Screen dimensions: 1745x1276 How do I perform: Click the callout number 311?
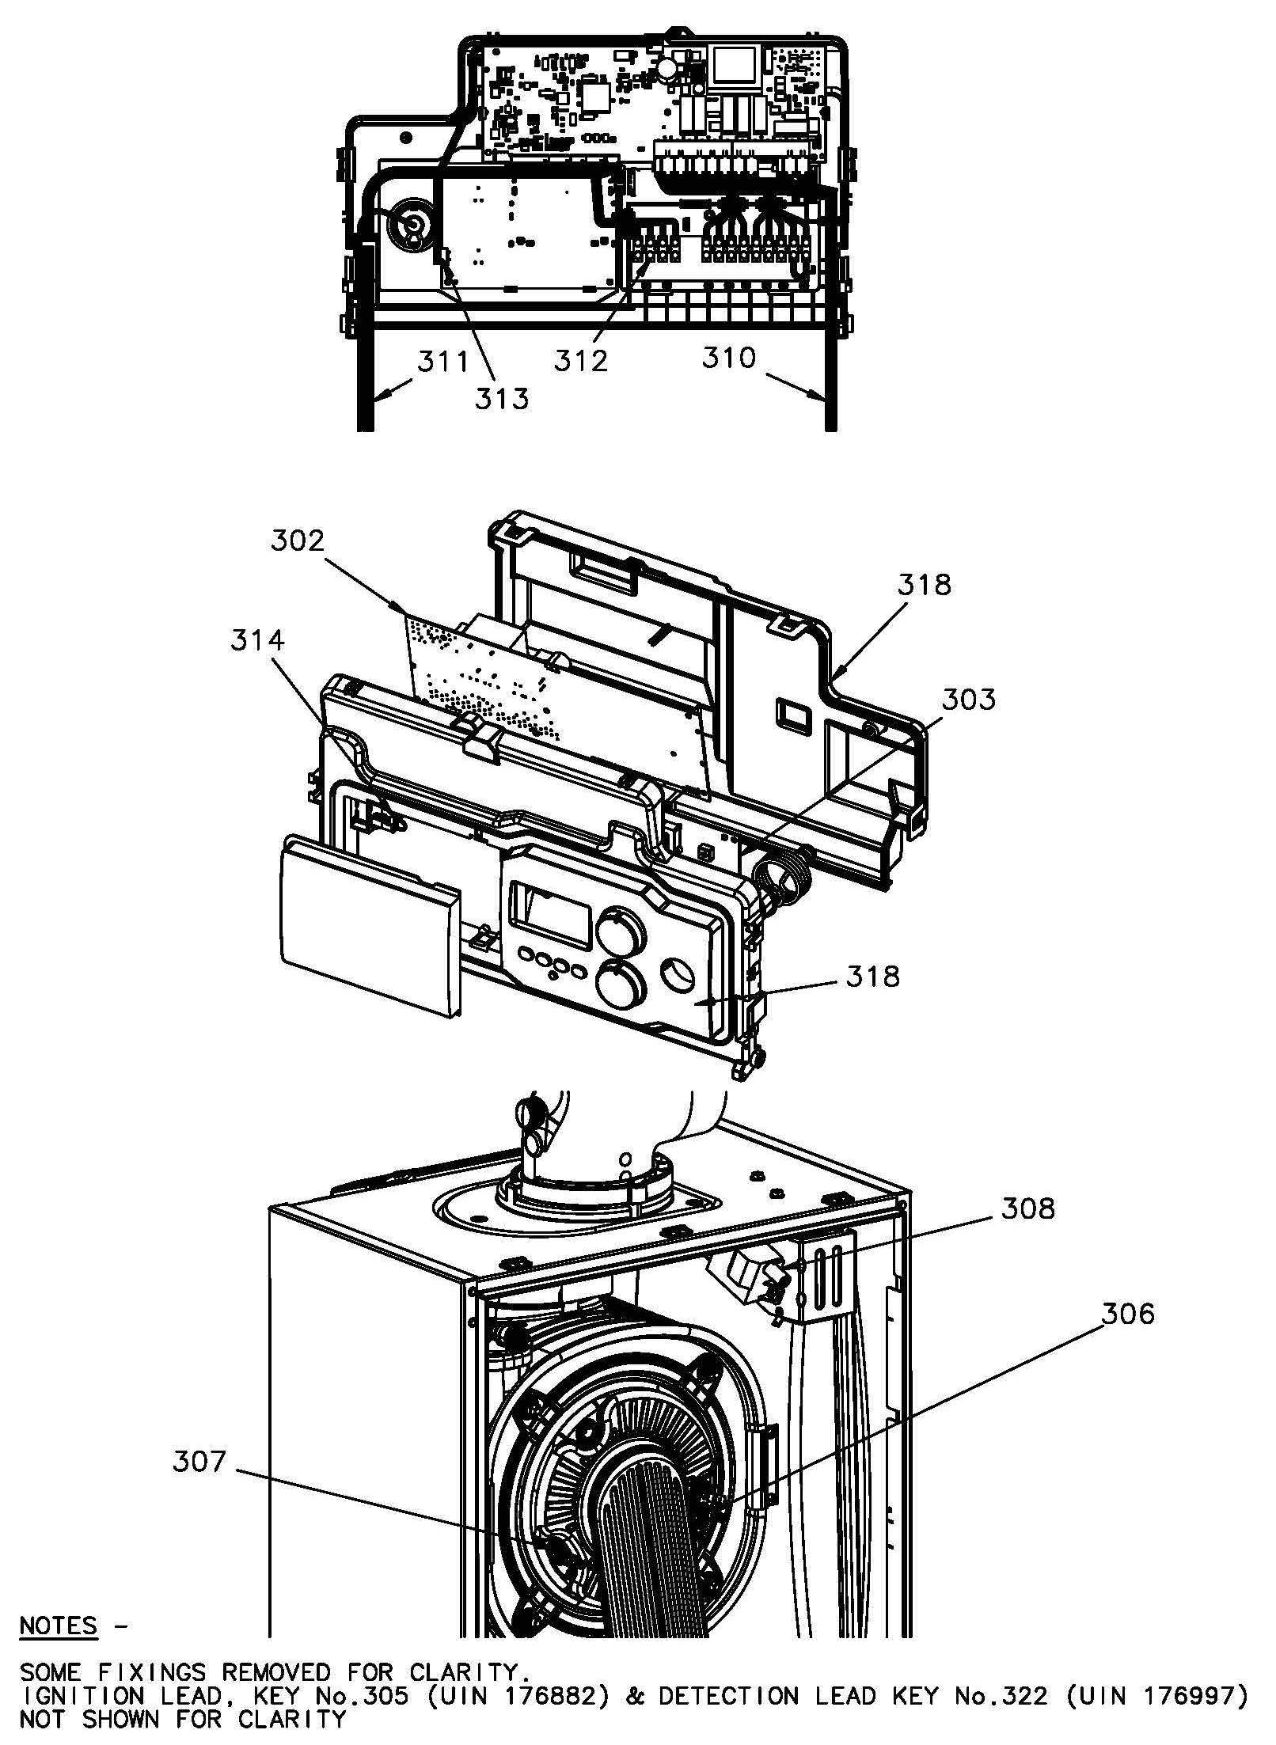[x=443, y=362]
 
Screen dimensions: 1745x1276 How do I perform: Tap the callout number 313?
[x=501, y=399]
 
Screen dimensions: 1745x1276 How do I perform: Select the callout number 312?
[x=580, y=361]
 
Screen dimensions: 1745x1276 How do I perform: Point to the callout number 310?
[x=729, y=358]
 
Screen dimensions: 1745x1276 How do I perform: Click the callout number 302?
[x=298, y=541]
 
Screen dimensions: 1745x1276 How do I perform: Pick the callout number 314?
[x=257, y=640]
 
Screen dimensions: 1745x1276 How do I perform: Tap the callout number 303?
[x=969, y=700]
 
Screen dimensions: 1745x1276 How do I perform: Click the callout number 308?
[x=1027, y=1208]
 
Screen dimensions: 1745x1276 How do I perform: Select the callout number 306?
[x=1128, y=1314]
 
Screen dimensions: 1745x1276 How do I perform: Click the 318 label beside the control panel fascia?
[x=873, y=977]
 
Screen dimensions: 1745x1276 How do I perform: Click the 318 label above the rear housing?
[x=924, y=585]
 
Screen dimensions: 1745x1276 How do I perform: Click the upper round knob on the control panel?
[x=620, y=931]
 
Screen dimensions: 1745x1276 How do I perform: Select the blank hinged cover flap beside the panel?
[x=370, y=926]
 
